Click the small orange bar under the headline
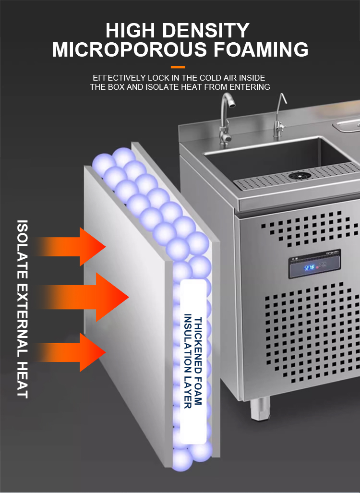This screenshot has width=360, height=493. point(178,67)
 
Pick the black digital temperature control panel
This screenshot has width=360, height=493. point(314,264)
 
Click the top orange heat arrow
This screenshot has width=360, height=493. point(77,247)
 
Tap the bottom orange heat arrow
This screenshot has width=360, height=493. point(77,352)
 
